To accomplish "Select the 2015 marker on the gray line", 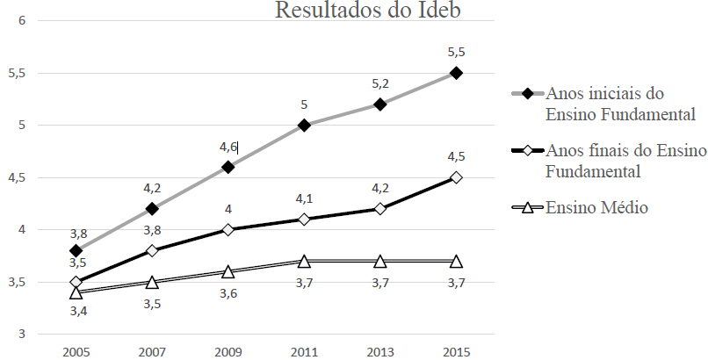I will coord(456,73).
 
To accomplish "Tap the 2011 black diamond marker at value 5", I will coord(304,125).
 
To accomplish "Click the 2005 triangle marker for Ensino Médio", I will coord(76,292).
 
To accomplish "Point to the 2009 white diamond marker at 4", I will coord(228,229).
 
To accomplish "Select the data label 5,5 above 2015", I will coord(456,52).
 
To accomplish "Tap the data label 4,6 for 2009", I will coord(228,147).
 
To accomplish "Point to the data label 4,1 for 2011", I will coord(304,198).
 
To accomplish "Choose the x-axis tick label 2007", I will coord(152,351).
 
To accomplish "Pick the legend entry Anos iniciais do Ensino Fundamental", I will coord(620,104).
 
